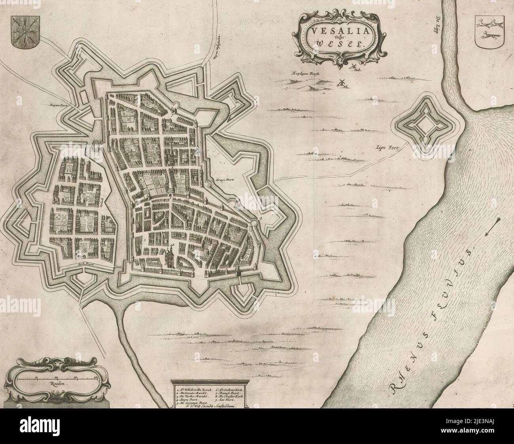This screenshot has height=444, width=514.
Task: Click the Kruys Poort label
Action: [225, 179]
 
